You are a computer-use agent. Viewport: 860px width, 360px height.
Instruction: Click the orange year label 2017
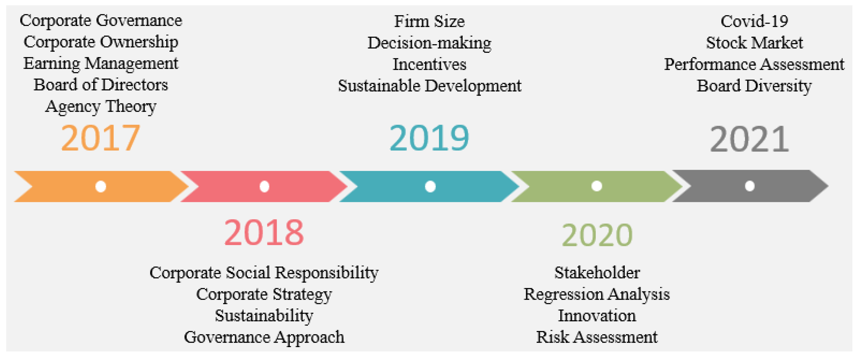pos(100,138)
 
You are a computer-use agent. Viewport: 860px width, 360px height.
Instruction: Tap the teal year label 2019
pos(429,138)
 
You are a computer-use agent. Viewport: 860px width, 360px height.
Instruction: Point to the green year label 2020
pos(597,235)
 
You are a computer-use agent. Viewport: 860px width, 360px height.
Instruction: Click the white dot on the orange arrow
pos(101,186)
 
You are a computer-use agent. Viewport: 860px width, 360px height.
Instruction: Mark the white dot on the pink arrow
pos(264,186)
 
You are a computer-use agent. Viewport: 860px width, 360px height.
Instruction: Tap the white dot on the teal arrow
pos(430,186)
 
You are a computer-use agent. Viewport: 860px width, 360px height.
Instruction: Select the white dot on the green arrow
pos(597,186)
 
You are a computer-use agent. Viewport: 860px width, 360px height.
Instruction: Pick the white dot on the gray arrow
pos(750,186)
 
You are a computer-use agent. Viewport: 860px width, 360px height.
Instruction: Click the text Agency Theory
pos(101,107)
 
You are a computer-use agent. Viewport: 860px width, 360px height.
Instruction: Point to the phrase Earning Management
pos(101,63)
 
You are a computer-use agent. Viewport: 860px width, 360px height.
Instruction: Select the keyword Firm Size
pos(429,21)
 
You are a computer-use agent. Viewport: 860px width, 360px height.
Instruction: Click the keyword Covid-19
pos(754,21)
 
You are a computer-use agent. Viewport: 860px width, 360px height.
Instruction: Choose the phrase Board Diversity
pos(754,86)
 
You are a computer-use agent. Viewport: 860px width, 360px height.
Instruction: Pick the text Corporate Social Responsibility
pos(264,273)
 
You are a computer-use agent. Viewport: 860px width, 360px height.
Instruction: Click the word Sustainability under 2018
pos(264,316)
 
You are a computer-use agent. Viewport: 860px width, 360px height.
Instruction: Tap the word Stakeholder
pos(597,273)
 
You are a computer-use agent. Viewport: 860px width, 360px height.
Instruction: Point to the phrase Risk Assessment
pos(597,337)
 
